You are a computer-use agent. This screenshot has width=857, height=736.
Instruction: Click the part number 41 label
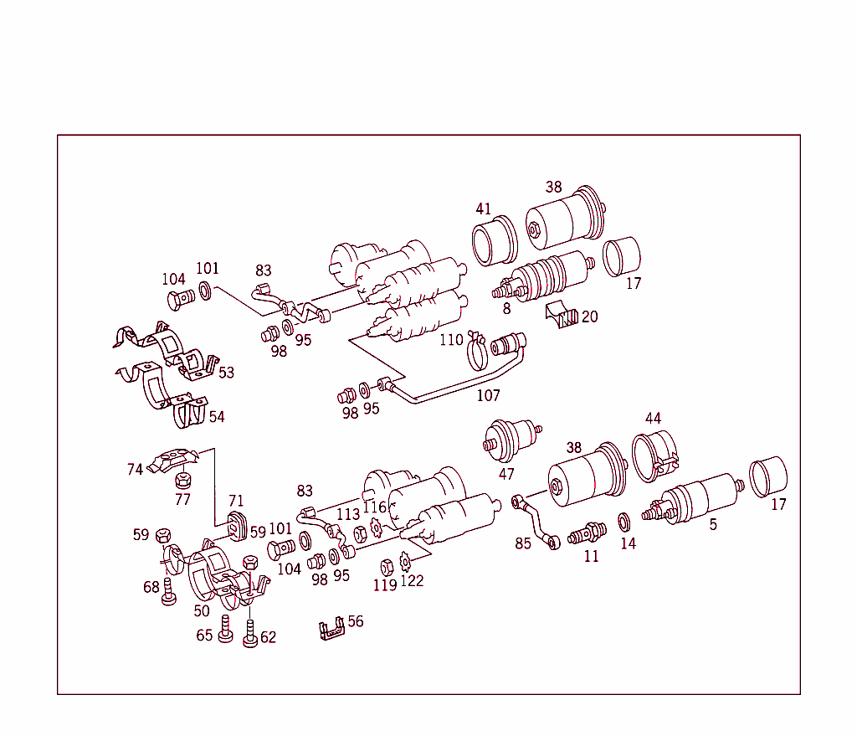point(484,208)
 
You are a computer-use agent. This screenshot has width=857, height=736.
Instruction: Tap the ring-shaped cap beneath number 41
point(495,242)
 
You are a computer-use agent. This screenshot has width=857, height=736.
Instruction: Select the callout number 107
point(488,394)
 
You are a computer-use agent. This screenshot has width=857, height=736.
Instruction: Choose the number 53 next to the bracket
point(226,372)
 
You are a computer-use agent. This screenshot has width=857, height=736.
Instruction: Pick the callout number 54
point(217,416)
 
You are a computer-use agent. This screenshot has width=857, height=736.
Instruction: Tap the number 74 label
point(135,470)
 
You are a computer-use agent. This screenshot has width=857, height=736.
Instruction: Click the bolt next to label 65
point(225,629)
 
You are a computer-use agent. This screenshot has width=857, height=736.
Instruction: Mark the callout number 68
point(151,587)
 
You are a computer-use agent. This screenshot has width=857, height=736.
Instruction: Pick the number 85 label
point(523,543)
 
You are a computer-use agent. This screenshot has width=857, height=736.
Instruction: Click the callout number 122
point(412,580)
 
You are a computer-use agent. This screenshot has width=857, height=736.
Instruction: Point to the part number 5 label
point(713,525)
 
